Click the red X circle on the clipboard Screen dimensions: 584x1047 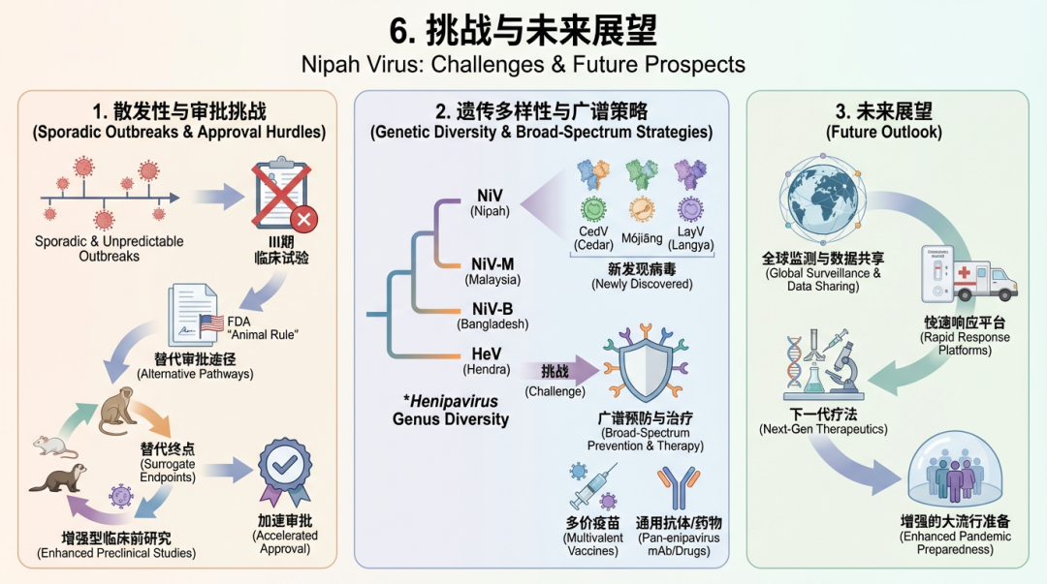tap(303, 220)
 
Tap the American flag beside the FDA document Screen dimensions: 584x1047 tap(212, 323)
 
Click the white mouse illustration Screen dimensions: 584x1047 tap(55, 445)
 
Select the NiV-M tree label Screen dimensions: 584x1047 tap(492, 264)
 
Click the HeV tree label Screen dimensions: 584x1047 tap(488, 353)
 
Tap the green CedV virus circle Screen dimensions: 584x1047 tap(593, 210)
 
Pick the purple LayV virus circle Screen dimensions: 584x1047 tap(691, 210)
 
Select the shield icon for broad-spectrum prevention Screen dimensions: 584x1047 tap(645, 370)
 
